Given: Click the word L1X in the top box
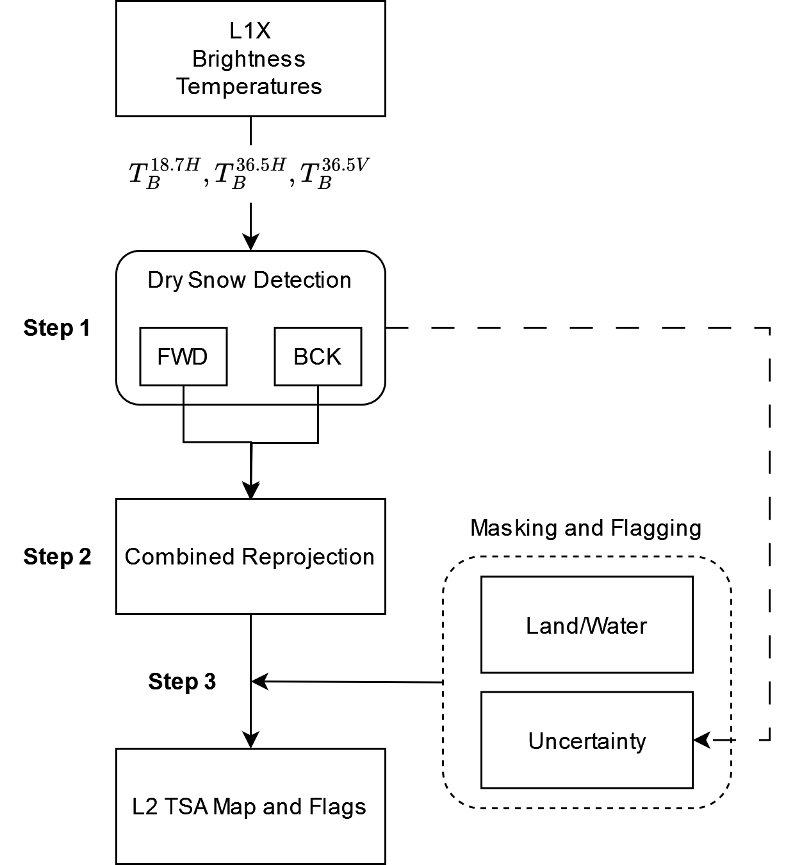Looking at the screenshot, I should coord(249,31).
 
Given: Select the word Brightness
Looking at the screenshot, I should coord(249,59).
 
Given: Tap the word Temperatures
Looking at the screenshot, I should coord(249,86).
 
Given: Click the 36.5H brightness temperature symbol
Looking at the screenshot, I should coord(250,174).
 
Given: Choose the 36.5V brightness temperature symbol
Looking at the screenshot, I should coord(334,174).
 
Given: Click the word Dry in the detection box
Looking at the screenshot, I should coord(165,280).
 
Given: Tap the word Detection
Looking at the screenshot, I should coord(302,280).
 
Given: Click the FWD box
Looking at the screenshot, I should coord(183,356).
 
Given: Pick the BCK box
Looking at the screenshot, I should coord(318,356).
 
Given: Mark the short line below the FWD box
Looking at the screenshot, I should coord(184,395).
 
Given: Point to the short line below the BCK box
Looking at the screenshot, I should coord(318,395).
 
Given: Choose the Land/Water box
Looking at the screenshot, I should coord(587,625).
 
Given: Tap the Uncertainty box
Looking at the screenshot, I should coord(587,741).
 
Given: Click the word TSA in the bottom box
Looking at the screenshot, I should coord(186,807).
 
